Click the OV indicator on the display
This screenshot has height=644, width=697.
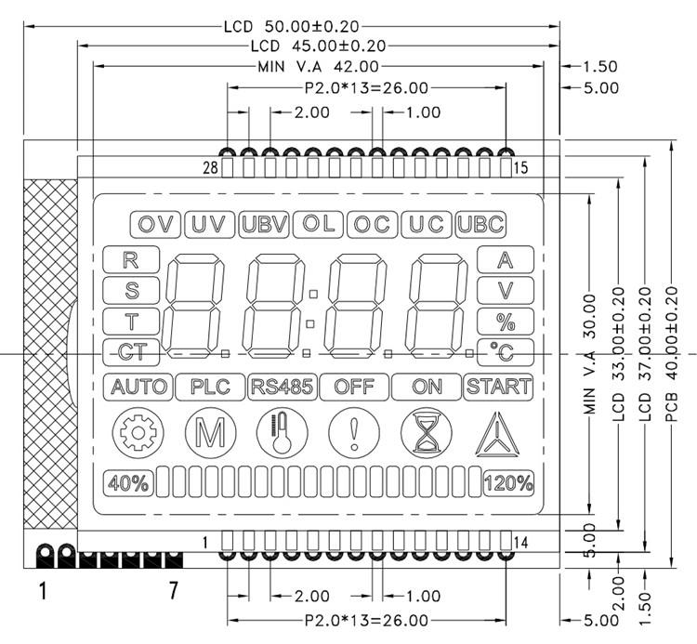tap(155, 224)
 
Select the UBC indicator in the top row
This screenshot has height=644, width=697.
tap(480, 224)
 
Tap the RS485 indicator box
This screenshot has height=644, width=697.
tap(282, 387)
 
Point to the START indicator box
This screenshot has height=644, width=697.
tap(498, 387)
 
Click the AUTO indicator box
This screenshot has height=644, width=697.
tap(138, 387)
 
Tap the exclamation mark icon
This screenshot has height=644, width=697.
tap(353, 433)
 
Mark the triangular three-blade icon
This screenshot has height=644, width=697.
tap(499, 435)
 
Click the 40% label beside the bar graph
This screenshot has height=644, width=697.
tap(128, 482)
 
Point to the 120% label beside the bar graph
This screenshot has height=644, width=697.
tap(508, 482)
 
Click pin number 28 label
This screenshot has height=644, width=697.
tap(210, 167)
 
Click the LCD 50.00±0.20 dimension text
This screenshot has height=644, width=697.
tap(291, 26)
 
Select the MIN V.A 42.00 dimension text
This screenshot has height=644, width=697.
tap(318, 66)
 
